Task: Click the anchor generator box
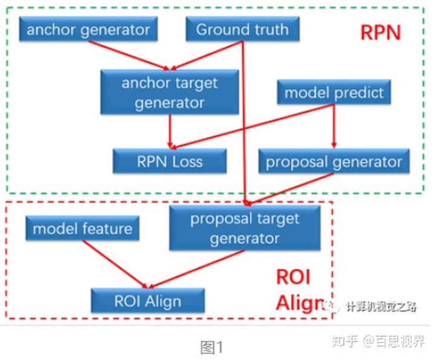coord(88,30)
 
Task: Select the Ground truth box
coord(242,30)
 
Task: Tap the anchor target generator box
coord(170,92)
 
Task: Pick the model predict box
coord(334,93)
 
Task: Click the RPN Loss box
coord(170,161)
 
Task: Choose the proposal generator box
coord(334,162)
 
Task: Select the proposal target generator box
coord(245,228)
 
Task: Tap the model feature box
coord(82,229)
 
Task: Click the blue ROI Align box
coord(148,300)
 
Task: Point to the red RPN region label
coord(380,32)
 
